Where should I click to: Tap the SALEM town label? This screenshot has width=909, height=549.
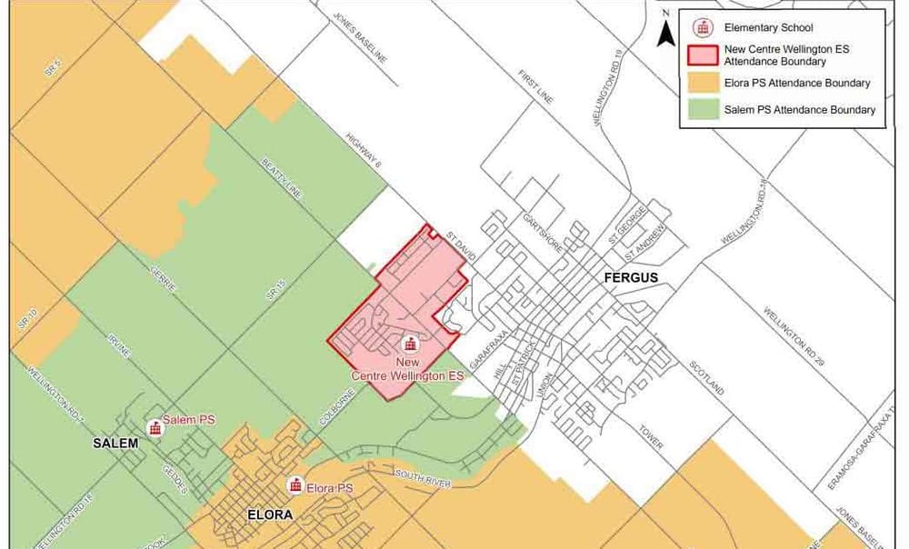(115, 443)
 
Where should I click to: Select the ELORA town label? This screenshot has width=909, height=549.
(270, 514)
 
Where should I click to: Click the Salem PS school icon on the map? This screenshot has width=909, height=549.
(155, 427)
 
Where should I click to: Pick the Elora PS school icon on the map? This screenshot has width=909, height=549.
(295, 485)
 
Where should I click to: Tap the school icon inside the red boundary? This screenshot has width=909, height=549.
(410, 344)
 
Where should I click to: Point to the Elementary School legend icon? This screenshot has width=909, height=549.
(701, 27)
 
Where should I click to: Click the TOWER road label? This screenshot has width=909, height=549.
(650, 436)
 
